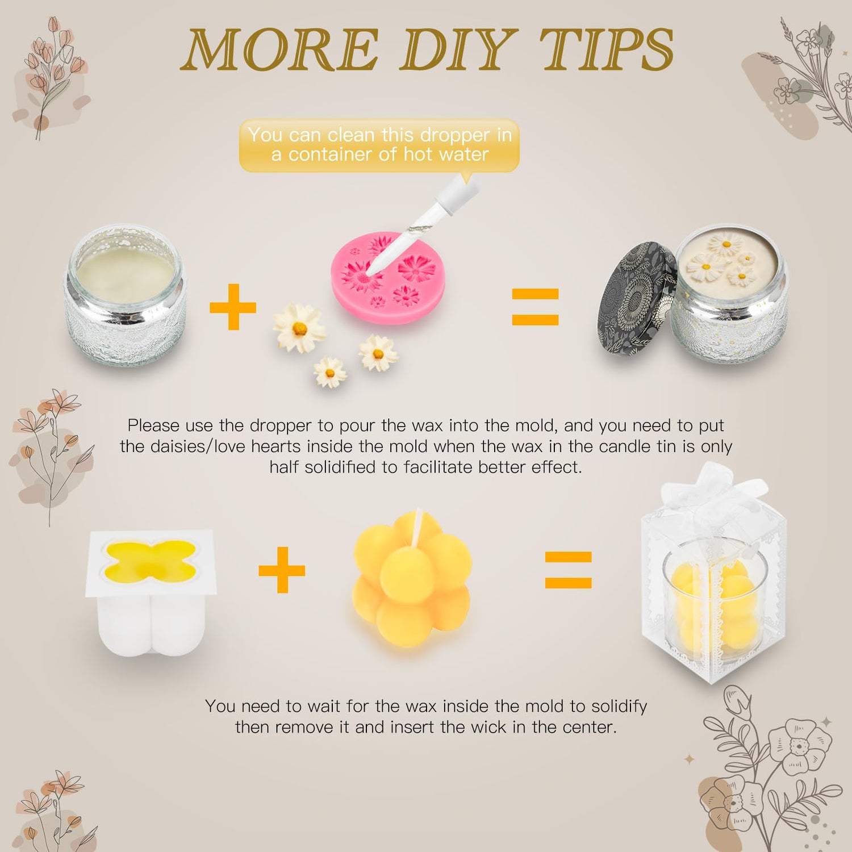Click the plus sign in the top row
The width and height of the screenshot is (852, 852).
(x=233, y=307)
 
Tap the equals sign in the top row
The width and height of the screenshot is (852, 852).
(x=535, y=307)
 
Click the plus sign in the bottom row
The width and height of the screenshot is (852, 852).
(x=282, y=570)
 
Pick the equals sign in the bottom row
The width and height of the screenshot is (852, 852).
(x=568, y=570)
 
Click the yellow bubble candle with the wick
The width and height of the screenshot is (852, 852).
(x=411, y=579)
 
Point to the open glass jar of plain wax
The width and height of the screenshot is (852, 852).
(x=126, y=295)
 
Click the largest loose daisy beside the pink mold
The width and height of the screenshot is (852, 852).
(x=299, y=328)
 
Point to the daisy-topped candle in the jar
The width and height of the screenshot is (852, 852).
(x=729, y=295)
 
